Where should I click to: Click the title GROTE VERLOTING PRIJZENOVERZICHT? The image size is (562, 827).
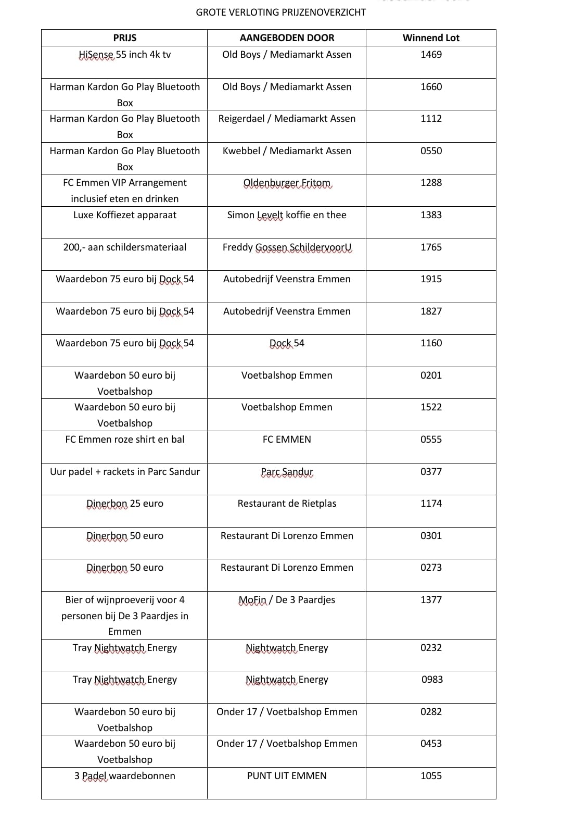(x=280, y=12)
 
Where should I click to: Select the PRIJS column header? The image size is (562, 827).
(x=125, y=37)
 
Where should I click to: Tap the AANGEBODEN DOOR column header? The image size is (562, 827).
(x=287, y=37)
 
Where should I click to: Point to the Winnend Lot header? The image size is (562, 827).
(x=431, y=37)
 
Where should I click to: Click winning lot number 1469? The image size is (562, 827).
(x=431, y=55)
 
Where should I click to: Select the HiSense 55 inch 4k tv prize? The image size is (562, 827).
(x=125, y=55)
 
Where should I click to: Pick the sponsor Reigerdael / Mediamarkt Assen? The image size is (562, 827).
(x=287, y=119)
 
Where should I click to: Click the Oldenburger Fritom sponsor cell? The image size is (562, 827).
(x=287, y=183)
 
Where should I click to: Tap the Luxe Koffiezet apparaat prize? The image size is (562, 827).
(x=125, y=215)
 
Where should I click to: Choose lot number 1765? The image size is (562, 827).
(x=431, y=247)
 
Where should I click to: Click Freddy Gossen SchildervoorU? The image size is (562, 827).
(x=287, y=247)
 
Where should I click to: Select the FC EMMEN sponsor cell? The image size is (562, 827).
(x=287, y=440)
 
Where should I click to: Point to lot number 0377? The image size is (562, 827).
(x=431, y=472)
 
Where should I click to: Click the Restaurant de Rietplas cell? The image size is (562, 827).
(x=287, y=504)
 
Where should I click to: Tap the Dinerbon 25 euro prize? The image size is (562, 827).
(x=125, y=504)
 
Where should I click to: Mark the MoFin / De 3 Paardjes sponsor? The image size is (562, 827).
(x=287, y=600)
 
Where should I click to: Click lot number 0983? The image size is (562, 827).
(x=432, y=680)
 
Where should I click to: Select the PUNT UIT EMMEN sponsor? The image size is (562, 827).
(x=287, y=776)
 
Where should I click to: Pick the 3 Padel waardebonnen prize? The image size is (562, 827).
(x=125, y=776)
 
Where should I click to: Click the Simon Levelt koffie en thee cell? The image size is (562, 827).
(x=287, y=215)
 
